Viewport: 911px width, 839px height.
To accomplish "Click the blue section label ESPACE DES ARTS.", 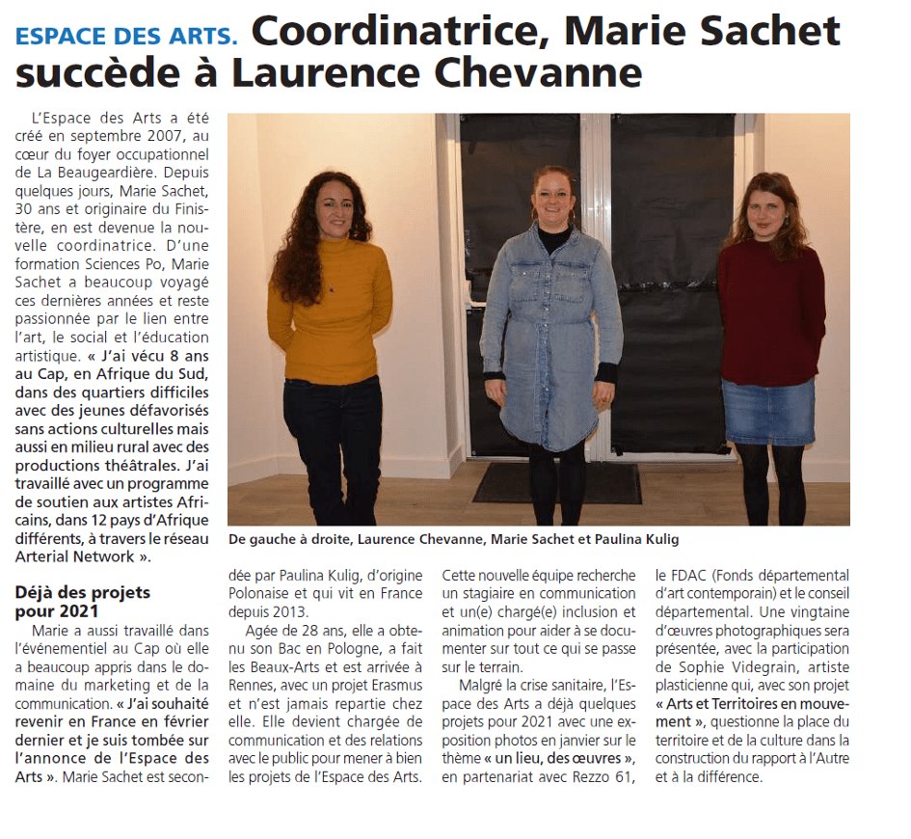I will (125, 37).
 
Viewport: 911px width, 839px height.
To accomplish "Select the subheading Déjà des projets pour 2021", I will (83, 602).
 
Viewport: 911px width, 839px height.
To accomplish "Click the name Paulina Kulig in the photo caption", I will (642, 539).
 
